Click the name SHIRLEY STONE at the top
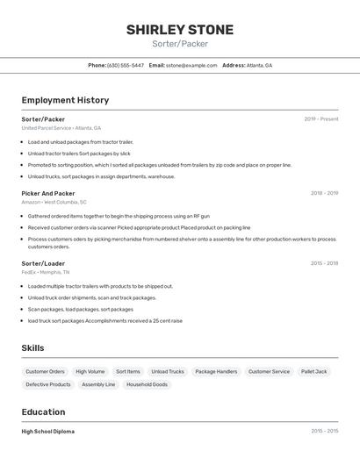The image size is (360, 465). tap(180, 30)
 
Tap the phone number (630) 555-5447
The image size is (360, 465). tap(126, 65)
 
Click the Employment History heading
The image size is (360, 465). tap(65, 100)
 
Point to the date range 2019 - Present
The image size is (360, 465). tap(320, 118)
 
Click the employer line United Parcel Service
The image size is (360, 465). tap(61, 128)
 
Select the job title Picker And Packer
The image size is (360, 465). tap(48, 193)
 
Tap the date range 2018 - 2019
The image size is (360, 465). tap(324, 193)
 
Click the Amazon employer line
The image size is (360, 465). tap(54, 202)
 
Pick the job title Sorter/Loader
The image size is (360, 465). tap(43, 263)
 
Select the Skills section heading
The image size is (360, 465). tap(32, 348)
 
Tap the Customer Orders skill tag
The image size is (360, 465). tap(45, 371)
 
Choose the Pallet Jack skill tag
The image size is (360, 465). tap(313, 371)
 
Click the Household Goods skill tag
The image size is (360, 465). tap(148, 384)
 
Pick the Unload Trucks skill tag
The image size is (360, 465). tap(167, 371)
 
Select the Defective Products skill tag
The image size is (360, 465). tap(48, 384)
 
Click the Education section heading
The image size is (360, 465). tap(43, 411)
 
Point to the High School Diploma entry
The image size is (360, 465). tap(47, 432)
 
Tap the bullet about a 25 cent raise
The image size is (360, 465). tap(105, 320)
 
